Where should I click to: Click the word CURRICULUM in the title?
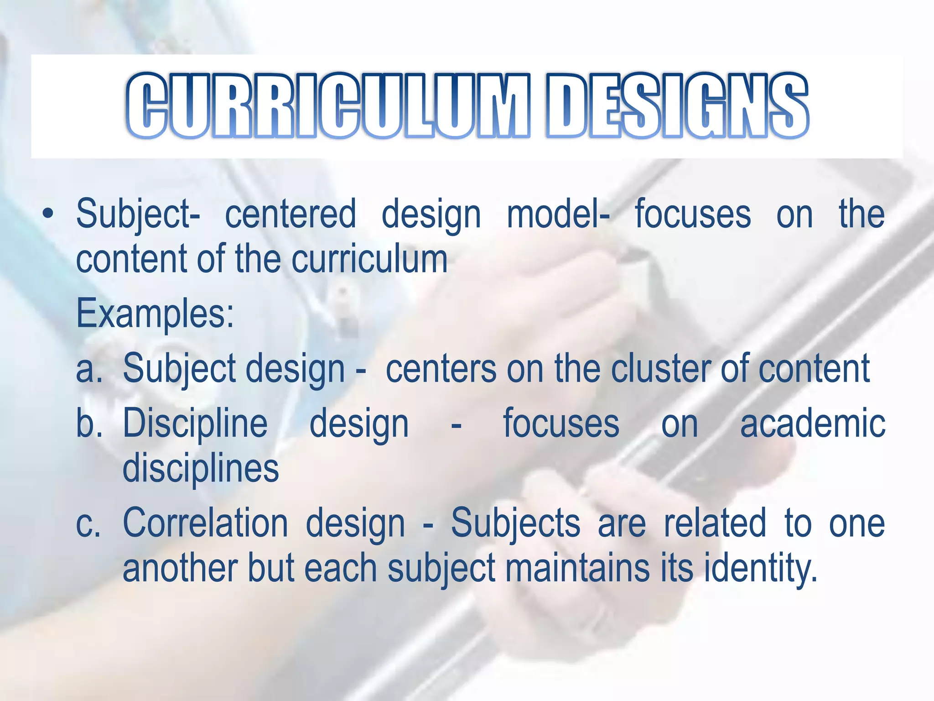(x=328, y=106)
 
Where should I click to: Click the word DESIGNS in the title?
(x=677, y=106)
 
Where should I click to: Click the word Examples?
(x=155, y=314)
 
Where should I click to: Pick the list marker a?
(x=89, y=369)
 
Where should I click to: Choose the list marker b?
(x=89, y=424)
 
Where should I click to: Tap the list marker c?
(x=88, y=524)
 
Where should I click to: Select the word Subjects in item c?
(x=515, y=524)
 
